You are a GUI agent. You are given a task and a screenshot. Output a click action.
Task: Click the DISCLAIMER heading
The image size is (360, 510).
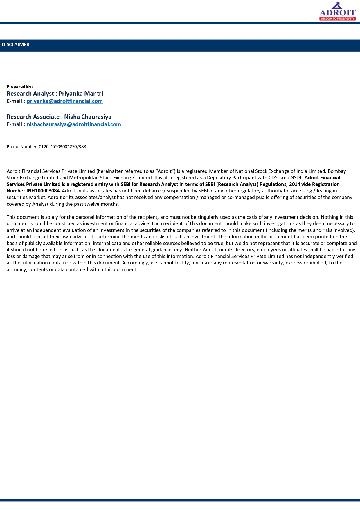(16, 44)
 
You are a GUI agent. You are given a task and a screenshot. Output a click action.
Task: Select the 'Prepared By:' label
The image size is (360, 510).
(20, 87)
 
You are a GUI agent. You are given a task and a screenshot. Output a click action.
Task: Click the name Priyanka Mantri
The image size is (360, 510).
(81, 94)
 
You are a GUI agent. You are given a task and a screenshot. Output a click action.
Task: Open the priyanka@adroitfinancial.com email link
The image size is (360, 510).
(64, 101)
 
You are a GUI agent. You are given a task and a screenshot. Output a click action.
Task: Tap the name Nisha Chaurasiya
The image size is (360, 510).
(88, 117)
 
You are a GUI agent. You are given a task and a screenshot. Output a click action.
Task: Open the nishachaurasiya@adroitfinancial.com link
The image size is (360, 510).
(74, 124)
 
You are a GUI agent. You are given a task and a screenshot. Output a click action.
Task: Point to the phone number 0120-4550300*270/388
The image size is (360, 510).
(62, 147)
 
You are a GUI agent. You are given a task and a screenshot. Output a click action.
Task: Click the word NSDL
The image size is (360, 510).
(297, 178)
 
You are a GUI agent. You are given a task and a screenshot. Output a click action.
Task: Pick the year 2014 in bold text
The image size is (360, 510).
(294, 184)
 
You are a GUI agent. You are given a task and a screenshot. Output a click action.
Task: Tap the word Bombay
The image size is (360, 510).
(337, 171)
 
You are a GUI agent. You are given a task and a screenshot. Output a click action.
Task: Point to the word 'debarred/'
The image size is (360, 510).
(154, 191)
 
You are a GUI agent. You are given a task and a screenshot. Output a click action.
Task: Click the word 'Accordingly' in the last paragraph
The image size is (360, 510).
(136, 263)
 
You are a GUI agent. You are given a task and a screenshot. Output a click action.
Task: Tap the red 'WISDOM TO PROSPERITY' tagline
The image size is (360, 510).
(338, 19)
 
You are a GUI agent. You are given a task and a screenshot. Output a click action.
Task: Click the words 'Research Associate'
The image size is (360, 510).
(33, 117)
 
